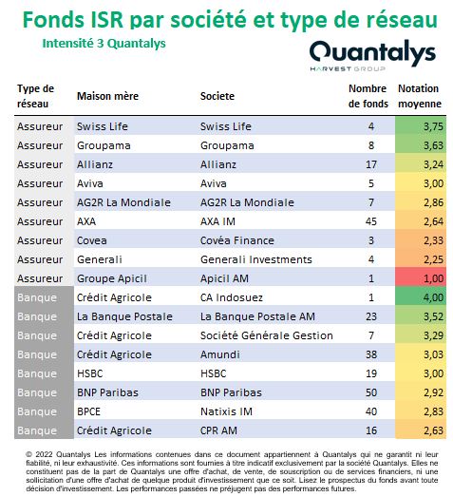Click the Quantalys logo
pyautogui.click(x=372, y=55)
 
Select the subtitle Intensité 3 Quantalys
pyautogui.click(x=104, y=44)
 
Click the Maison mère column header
pyautogui.click(x=107, y=96)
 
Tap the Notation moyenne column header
pyautogui.click(x=420, y=96)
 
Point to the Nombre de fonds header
pyautogui.click(x=368, y=96)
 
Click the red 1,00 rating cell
pyautogui.click(x=421, y=278)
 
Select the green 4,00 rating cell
pyautogui.click(x=421, y=297)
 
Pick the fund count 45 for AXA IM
pyautogui.click(x=371, y=221)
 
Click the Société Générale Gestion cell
pyautogui.click(x=267, y=335)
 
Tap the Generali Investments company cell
pyautogui.click(x=256, y=259)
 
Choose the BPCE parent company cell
pyautogui.click(x=88, y=411)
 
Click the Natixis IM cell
pyautogui.click(x=226, y=411)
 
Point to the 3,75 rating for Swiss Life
pyautogui.click(x=433, y=126)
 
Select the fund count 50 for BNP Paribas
pyautogui.click(x=371, y=392)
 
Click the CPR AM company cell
pyautogui.click(x=218, y=430)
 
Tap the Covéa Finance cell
pyautogui.click(x=237, y=240)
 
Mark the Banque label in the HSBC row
pyautogui.click(x=37, y=373)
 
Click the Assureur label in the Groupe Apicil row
pyautogui.click(x=40, y=278)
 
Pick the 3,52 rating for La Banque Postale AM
pyautogui.click(x=433, y=316)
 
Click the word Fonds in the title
pyautogui.click(x=54, y=20)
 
